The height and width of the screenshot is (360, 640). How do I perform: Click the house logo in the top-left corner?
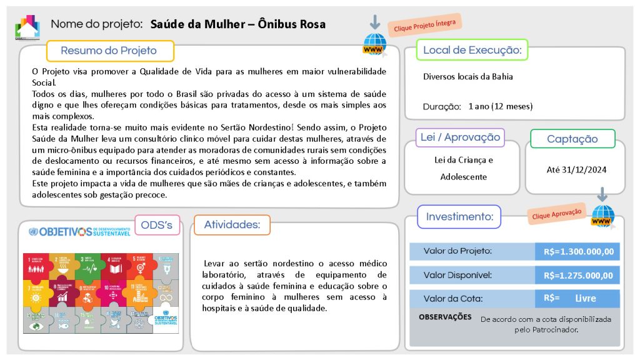pos(27,26)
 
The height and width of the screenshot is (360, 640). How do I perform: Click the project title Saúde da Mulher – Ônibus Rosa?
pos(237,24)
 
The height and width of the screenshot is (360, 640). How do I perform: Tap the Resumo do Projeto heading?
pos(109,51)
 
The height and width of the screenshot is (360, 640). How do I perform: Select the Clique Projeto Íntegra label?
pos(424,25)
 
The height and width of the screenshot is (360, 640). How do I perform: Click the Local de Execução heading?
pos(472,50)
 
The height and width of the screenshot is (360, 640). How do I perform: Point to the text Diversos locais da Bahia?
pos(467,77)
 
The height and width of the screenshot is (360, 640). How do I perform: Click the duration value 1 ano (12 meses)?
pos(500,106)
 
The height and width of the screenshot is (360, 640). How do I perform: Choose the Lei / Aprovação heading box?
pos(460,137)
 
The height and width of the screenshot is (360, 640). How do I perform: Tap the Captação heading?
pos(572,139)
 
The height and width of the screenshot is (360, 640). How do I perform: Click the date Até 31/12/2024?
pos(576,169)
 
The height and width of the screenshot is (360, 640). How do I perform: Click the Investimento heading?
pos(459,217)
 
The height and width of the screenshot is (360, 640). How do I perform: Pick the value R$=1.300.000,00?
pos(578,252)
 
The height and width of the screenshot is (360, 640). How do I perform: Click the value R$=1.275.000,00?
pos(578,275)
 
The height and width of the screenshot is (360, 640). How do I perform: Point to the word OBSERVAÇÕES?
pos(445,317)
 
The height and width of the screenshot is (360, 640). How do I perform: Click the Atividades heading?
pos(232,224)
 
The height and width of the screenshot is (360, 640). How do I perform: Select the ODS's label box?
pos(157,225)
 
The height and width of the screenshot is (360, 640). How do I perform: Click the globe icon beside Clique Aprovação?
pos(602,216)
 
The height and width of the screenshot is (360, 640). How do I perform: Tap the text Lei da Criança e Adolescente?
pos(463,168)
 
